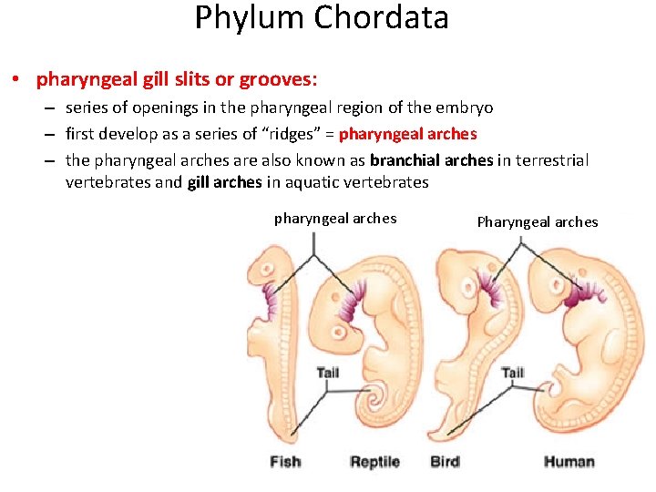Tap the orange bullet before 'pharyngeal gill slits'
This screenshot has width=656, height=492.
[18, 80]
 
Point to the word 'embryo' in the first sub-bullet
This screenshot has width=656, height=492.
[465, 108]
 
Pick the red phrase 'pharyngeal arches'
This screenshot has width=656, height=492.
[407, 134]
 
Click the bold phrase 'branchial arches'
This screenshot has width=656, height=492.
[432, 160]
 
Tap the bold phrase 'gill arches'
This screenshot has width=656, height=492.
[225, 182]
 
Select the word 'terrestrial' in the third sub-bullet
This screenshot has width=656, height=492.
[551, 160]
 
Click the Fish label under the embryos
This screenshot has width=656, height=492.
[285, 462]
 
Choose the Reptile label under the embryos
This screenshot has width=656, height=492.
[374, 462]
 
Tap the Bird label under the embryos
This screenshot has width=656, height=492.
[445, 462]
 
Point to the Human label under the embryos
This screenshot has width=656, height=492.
[569, 462]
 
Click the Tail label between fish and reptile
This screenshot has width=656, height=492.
[328, 373]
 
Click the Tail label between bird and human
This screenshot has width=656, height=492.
[513, 373]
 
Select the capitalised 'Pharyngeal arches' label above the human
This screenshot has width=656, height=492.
[538, 222]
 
